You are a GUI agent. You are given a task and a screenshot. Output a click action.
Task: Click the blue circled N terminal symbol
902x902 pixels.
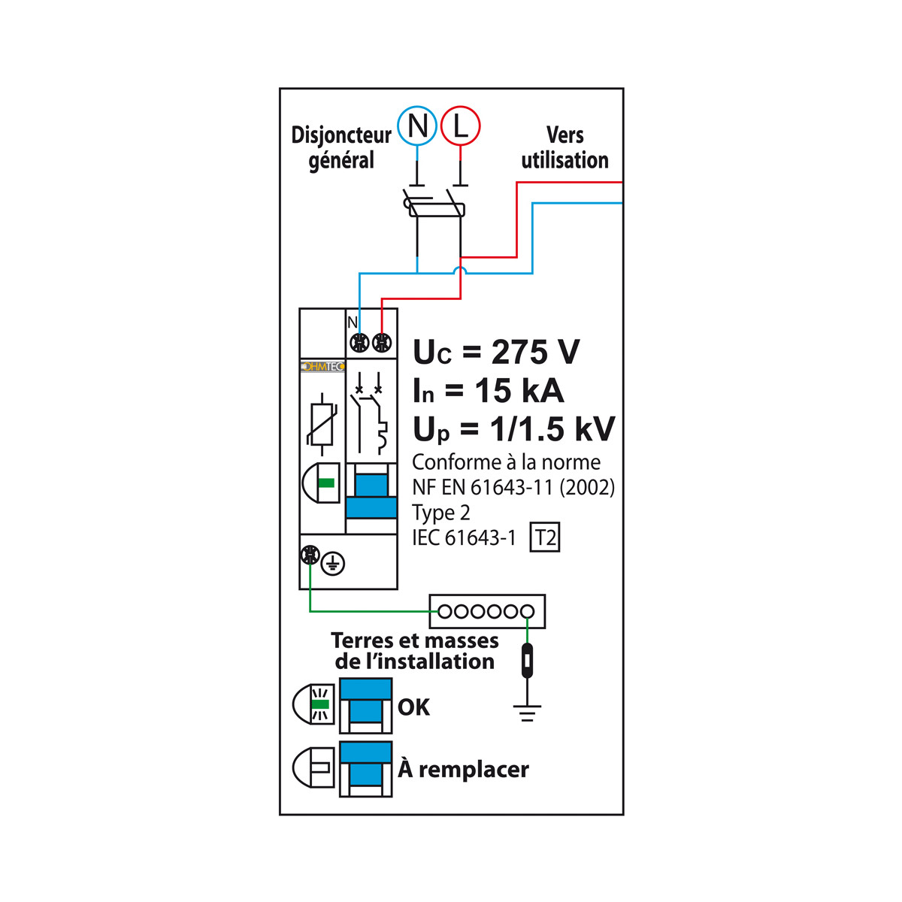tap(417, 126)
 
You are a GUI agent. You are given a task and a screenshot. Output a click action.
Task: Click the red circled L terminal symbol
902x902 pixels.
tap(460, 126)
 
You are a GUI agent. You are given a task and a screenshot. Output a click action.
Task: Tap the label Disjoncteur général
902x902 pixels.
tap(341, 147)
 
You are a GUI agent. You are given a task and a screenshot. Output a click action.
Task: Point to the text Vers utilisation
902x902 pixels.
tap(565, 147)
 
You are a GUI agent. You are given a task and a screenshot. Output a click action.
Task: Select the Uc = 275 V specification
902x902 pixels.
tap(497, 352)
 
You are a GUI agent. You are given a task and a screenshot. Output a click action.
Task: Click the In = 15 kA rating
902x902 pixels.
tap(489, 391)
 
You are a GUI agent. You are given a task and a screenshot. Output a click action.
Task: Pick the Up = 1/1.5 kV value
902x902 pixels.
tap(514, 429)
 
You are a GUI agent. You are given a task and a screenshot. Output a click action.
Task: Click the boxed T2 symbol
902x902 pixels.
tap(545, 538)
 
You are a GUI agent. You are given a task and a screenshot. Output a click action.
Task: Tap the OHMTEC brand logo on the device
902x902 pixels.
tap(322, 367)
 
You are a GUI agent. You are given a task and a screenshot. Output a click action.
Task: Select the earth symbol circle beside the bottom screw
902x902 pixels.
tap(333, 562)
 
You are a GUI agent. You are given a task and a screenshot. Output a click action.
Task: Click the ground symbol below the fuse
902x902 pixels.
tap(527, 713)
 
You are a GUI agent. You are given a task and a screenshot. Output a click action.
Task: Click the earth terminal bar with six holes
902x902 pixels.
tap(486, 612)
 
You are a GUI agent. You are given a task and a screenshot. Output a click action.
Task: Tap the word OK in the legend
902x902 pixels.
tap(413, 707)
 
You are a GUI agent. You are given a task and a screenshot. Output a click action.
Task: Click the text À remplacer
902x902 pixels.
tap(464, 770)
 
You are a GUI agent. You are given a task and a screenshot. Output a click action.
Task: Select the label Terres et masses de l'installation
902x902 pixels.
tap(415, 651)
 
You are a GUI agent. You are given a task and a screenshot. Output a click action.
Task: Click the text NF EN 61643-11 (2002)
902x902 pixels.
tap(513, 488)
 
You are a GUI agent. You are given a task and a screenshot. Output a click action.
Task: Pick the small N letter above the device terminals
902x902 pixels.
tap(353, 322)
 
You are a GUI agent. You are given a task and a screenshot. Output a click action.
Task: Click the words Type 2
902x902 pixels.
tap(441, 513)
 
